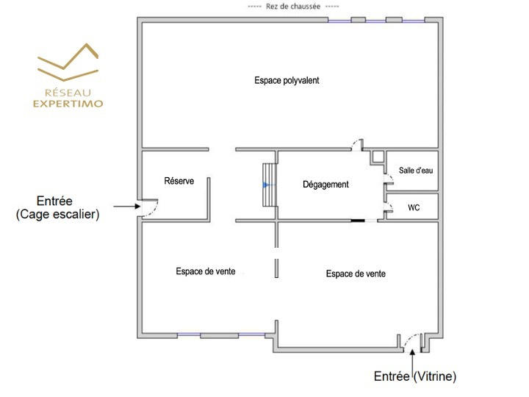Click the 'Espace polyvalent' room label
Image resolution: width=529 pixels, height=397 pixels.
[x=287, y=80]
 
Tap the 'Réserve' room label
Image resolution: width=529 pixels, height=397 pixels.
[x=179, y=181]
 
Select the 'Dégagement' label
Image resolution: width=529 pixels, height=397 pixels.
[x=325, y=185]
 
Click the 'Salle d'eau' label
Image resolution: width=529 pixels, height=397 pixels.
[x=415, y=171]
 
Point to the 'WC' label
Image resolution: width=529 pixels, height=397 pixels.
[x=414, y=208]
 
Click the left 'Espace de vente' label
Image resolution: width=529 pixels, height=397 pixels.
[x=206, y=271]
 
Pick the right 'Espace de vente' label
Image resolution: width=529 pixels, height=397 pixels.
[x=356, y=273]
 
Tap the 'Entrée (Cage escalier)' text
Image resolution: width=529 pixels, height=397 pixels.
[x=57, y=207]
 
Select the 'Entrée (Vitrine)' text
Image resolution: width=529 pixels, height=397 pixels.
[x=415, y=376]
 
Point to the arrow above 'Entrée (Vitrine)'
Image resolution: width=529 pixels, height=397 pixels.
[x=414, y=357]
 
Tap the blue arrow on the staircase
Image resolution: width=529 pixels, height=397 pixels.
[x=266, y=185]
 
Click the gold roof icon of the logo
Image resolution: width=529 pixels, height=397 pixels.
[x=68, y=61]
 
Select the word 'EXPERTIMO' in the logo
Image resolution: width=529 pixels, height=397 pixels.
[x=68, y=104]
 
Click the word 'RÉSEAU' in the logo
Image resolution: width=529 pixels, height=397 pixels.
[x=68, y=93]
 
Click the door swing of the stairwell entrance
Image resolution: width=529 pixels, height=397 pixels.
[x=151, y=208]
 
